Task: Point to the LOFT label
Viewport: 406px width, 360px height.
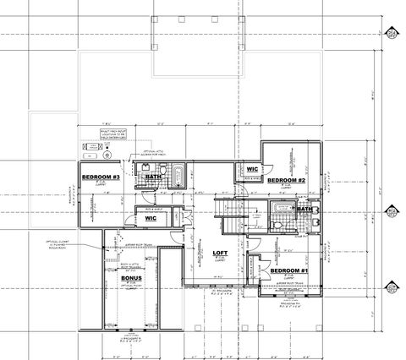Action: click(220, 254)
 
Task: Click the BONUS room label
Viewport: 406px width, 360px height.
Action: click(131, 278)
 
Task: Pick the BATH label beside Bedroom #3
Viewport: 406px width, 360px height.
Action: click(153, 177)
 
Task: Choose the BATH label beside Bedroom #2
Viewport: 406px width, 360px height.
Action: click(304, 209)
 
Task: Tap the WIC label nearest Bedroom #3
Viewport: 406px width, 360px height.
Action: click(151, 218)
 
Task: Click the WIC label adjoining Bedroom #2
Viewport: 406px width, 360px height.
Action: click(252, 168)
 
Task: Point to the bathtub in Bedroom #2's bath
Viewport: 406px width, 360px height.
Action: click(280, 210)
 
